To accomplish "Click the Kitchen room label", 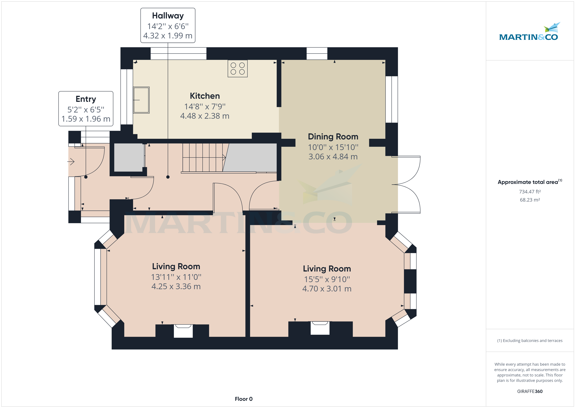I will [205, 96].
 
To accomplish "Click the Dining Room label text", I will [333, 137].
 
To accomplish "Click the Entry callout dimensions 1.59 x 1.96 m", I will [86, 119].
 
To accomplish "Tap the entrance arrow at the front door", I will [71, 161].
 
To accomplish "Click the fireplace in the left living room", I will [183, 331].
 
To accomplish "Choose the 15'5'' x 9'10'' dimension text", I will [327, 279].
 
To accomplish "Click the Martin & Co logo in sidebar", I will [529, 33].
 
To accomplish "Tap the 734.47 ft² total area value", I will [530, 192].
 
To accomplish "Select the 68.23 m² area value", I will [530, 200].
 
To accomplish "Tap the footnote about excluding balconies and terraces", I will [530, 341].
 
